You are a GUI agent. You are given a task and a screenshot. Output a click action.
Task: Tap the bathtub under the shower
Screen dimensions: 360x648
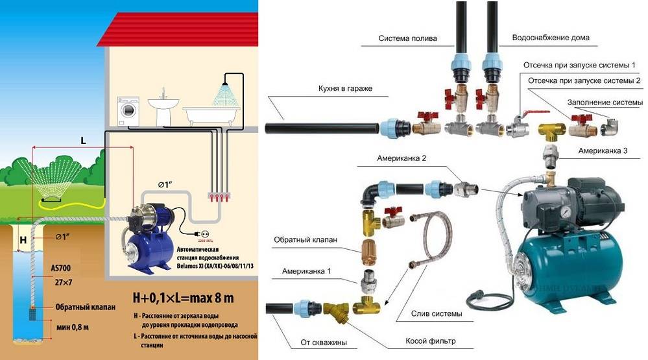point(200,115)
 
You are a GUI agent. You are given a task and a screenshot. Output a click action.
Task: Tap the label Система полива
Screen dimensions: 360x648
point(407,38)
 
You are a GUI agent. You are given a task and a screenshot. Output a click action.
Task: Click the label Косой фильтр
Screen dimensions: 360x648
point(429,341)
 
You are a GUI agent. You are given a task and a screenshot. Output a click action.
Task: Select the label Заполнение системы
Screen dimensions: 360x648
point(605,102)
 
